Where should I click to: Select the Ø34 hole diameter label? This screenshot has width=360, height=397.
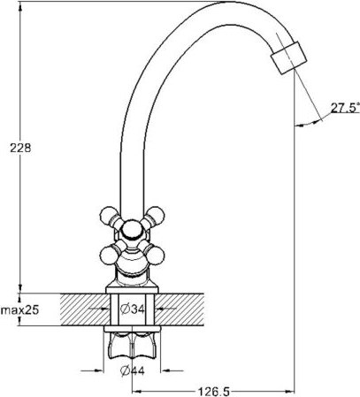pos(131,310)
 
